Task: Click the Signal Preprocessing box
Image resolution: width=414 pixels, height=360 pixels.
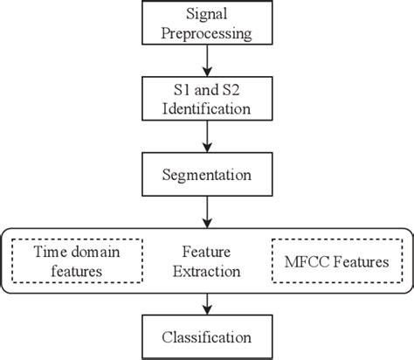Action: click(x=206, y=25)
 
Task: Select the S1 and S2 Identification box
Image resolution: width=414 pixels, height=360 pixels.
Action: click(x=206, y=100)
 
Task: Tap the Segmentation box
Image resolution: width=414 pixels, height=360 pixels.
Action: click(x=206, y=176)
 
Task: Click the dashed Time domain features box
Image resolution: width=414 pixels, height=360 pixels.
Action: click(x=77, y=260)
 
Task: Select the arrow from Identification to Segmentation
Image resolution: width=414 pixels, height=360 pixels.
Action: click(x=206, y=137)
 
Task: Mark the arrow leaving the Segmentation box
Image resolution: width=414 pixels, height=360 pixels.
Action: click(x=206, y=211)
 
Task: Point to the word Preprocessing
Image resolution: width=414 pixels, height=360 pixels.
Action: click(x=206, y=35)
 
